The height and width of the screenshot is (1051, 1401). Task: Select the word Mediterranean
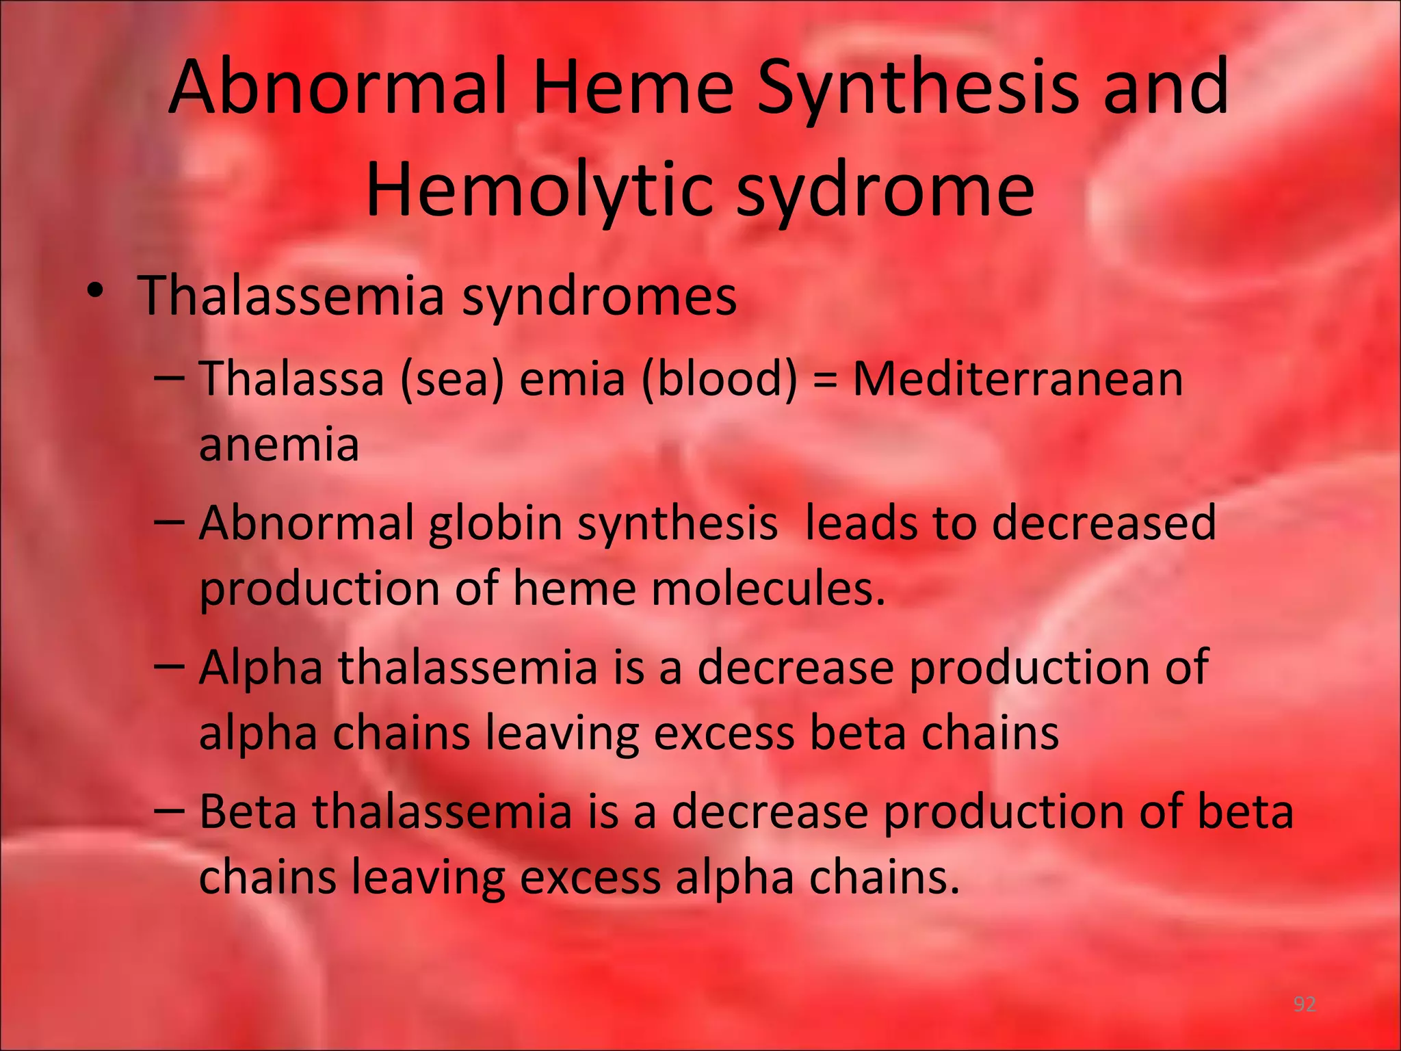tap(1018, 378)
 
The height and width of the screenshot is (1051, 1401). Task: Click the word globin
tap(495, 524)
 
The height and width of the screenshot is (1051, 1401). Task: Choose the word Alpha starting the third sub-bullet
tap(261, 668)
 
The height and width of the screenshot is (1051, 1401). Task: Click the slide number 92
tap(1305, 1004)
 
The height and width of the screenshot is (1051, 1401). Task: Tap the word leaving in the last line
tap(428, 877)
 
